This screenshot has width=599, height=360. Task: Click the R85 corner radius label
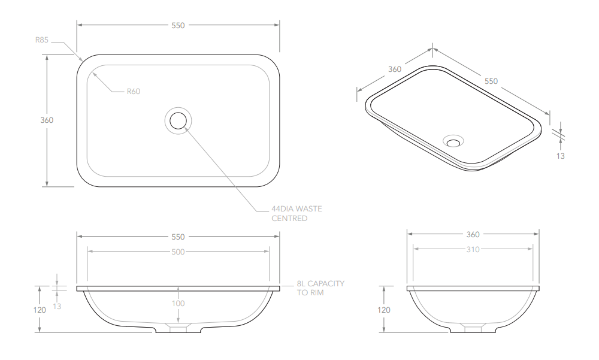42,40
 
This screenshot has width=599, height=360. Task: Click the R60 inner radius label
134,91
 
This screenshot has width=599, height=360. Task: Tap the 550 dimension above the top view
178,25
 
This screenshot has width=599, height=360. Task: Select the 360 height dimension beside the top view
47,120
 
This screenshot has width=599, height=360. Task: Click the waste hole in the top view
178,120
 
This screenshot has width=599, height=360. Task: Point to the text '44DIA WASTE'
297,208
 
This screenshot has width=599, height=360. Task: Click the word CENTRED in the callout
289,218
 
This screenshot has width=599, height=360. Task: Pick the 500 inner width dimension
178,252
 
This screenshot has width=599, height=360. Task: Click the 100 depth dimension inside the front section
178,304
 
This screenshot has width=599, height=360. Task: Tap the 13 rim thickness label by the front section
57,306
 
